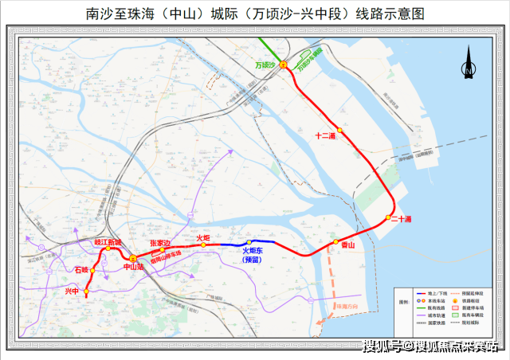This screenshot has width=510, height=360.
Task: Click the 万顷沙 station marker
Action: pyautogui.click(x=283, y=66)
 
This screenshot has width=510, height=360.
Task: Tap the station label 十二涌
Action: pyautogui.click(x=326, y=136)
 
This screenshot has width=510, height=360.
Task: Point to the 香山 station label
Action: pyautogui.click(x=347, y=246)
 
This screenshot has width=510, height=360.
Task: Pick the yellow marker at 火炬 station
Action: pyautogui.click(x=204, y=245)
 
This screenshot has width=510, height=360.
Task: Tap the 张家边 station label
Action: pyautogui.click(x=161, y=242)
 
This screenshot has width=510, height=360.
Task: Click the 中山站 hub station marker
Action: pyautogui.click(x=133, y=258)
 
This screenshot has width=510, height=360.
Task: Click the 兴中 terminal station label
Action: pyautogui.click(x=73, y=292)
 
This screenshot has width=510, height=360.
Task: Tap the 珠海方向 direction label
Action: pyautogui.click(x=349, y=306)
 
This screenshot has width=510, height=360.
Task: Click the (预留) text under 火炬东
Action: pyautogui.click(x=253, y=259)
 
